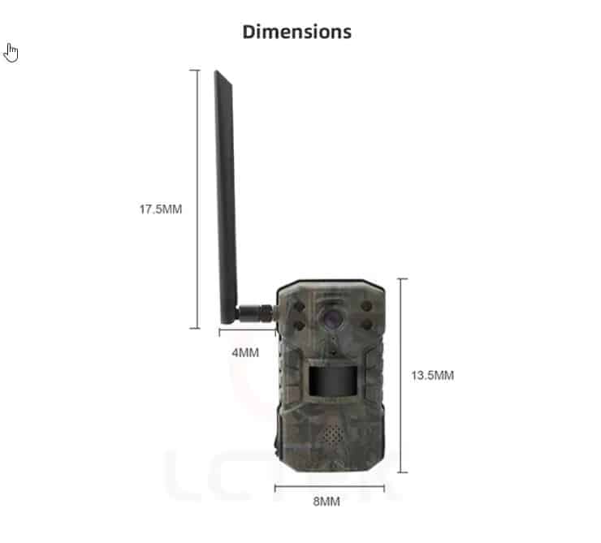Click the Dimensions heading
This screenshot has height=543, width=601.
[297, 32]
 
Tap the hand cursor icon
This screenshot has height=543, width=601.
[11, 53]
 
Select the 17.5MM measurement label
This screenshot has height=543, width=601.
[161, 209]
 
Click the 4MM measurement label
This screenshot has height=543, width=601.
[245, 352]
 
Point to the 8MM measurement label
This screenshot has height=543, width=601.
[326, 502]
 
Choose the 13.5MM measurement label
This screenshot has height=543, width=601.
[432, 375]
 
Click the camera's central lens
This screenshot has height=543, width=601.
[330, 318]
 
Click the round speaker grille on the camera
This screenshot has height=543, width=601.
[332, 435]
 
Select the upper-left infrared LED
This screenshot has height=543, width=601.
[299, 307]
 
